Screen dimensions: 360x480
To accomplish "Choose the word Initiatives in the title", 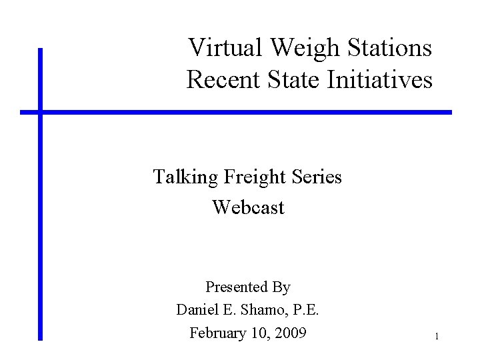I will click(x=380, y=80).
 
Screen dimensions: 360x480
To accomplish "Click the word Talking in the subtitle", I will click(x=185, y=177).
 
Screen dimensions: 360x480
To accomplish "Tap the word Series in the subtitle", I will click(x=318, y=177).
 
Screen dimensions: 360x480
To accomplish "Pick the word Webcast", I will click(x=248, y=207).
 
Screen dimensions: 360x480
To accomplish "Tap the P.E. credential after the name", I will click(x=307, y=310).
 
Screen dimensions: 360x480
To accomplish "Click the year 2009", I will click(x=291, y=333).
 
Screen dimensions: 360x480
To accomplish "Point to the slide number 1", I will click(x=436, y=337).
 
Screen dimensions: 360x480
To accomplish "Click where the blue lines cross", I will click(x=40, y=112).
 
